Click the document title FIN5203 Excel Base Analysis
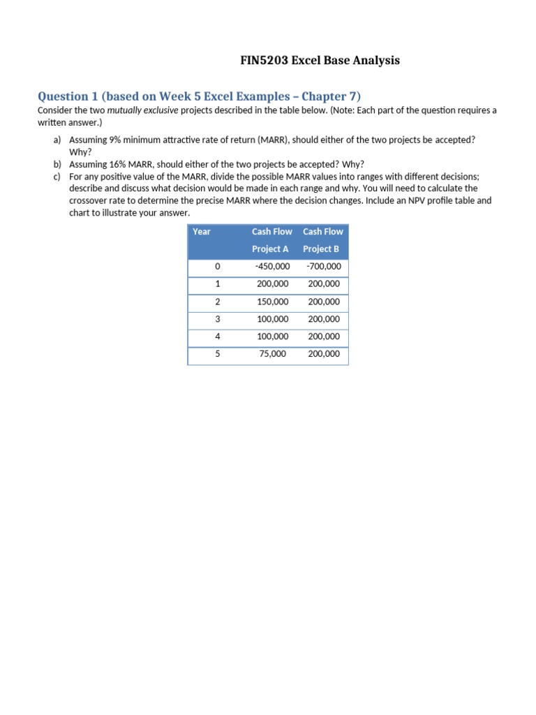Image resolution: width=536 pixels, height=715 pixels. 320,61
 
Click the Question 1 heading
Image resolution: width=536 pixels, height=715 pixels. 199,96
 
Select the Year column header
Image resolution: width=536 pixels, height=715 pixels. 202,232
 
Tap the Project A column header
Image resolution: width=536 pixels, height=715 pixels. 271,240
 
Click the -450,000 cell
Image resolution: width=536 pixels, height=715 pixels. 272,267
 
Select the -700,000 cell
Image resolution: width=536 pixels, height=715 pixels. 324,267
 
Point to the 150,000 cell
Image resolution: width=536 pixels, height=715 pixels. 272,302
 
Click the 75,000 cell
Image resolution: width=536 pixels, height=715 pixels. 272,354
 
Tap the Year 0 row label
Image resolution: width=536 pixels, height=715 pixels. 217,267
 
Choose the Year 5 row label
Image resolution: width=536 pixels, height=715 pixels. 217,354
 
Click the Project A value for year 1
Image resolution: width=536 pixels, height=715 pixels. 272,284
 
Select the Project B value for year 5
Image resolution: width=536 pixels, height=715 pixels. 324,354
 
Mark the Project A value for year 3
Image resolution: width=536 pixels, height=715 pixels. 272,319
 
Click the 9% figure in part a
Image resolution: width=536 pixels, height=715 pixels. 115,140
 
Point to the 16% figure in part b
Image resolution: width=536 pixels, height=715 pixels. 118,165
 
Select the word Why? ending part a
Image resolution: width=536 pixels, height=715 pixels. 80,152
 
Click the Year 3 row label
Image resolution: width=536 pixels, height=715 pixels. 217,319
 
